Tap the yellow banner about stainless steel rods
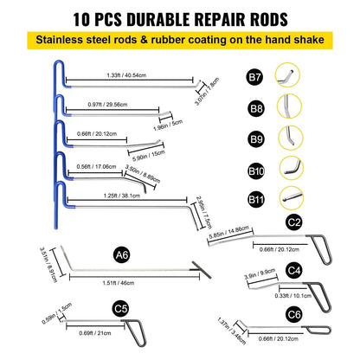coord(179,40)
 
